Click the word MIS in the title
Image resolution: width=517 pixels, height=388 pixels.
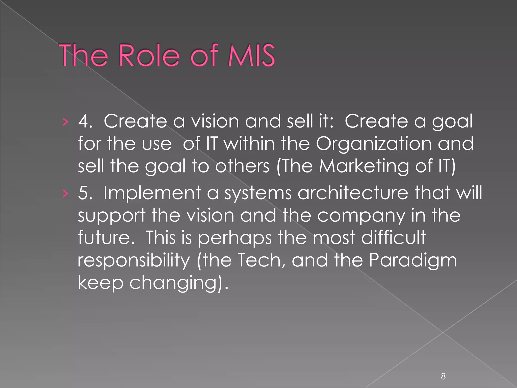[x=251, y=56]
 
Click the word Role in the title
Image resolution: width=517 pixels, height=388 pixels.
[x=149, y=56]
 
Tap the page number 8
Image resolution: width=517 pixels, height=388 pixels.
[x=443, y=376]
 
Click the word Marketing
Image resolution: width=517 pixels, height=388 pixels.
[x=364, y=166]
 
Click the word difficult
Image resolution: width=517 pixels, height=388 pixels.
[x=393, y=237]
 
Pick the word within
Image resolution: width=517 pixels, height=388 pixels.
[x=249, y=143]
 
